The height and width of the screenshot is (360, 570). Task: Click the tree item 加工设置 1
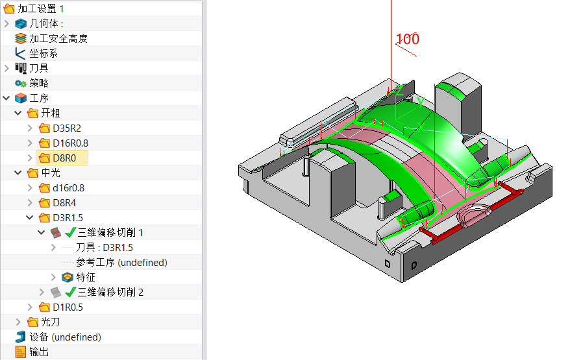40,8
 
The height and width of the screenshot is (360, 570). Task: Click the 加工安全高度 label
58,38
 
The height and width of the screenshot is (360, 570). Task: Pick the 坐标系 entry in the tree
43,53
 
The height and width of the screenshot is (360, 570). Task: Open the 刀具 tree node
38,68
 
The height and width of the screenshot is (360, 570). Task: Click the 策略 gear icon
20,84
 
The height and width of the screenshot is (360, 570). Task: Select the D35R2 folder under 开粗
66,128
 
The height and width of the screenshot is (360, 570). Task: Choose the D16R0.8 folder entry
70,143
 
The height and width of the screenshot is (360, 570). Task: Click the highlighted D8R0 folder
64,158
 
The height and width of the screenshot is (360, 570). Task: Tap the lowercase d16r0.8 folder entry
68,187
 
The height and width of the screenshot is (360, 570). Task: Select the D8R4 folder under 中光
64,202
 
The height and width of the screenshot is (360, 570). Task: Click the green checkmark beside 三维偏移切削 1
71,233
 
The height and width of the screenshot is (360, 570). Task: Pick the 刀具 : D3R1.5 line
104,247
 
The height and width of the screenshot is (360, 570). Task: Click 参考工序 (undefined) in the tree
121,262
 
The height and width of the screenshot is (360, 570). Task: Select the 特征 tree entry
86,277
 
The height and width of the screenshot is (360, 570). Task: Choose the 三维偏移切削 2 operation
110,292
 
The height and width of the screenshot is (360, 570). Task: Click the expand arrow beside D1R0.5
30,307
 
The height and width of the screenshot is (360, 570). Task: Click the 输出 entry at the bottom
38,352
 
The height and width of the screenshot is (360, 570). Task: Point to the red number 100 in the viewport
407,39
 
